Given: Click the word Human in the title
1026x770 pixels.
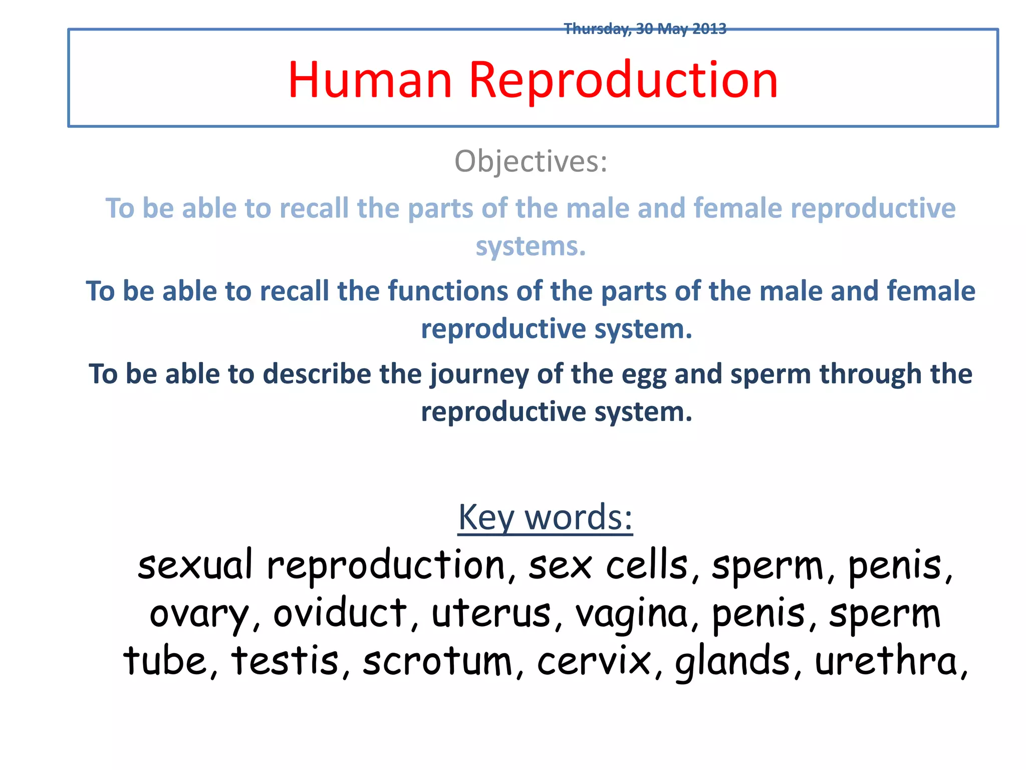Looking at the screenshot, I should tap(370, 80).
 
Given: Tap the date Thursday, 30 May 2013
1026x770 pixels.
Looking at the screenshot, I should tap(645, 29).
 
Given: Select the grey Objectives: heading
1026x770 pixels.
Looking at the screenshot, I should tap(531, 161).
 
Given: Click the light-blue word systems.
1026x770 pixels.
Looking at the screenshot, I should tap(531, 247).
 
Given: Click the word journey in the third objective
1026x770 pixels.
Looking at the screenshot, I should tap(479, 374).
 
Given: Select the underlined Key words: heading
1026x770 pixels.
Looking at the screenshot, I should tap(545, 517).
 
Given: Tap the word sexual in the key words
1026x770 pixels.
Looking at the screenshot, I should tap(195, 565).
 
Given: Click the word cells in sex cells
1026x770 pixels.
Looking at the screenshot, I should tap(646, 565).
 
